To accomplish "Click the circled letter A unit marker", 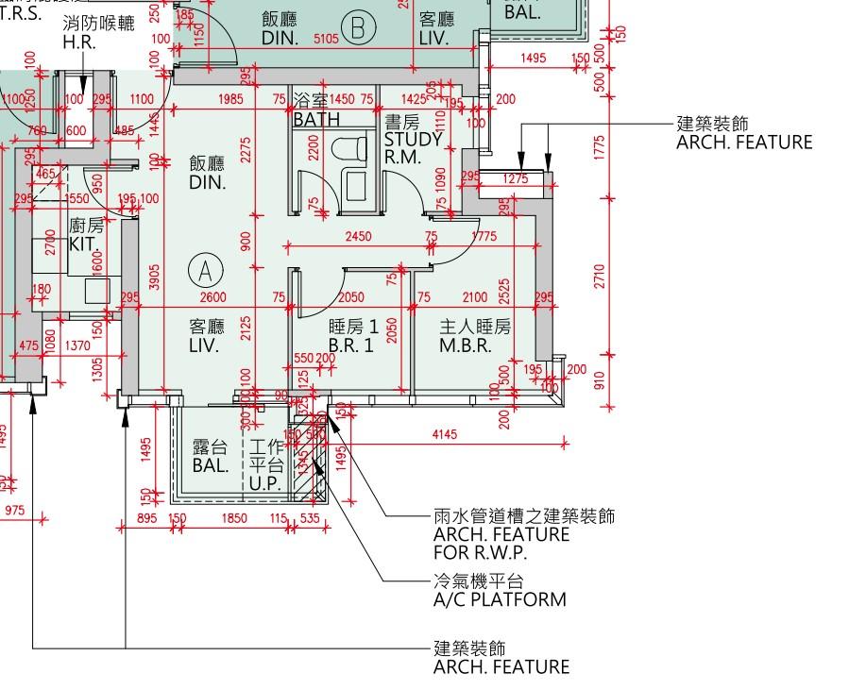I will click(204, 271).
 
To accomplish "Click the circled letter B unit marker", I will click(358, 30).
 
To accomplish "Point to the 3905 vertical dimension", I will click(155, 278).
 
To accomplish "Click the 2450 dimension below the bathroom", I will click(358, 237).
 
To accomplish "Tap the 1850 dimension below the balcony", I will click(233, 518).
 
